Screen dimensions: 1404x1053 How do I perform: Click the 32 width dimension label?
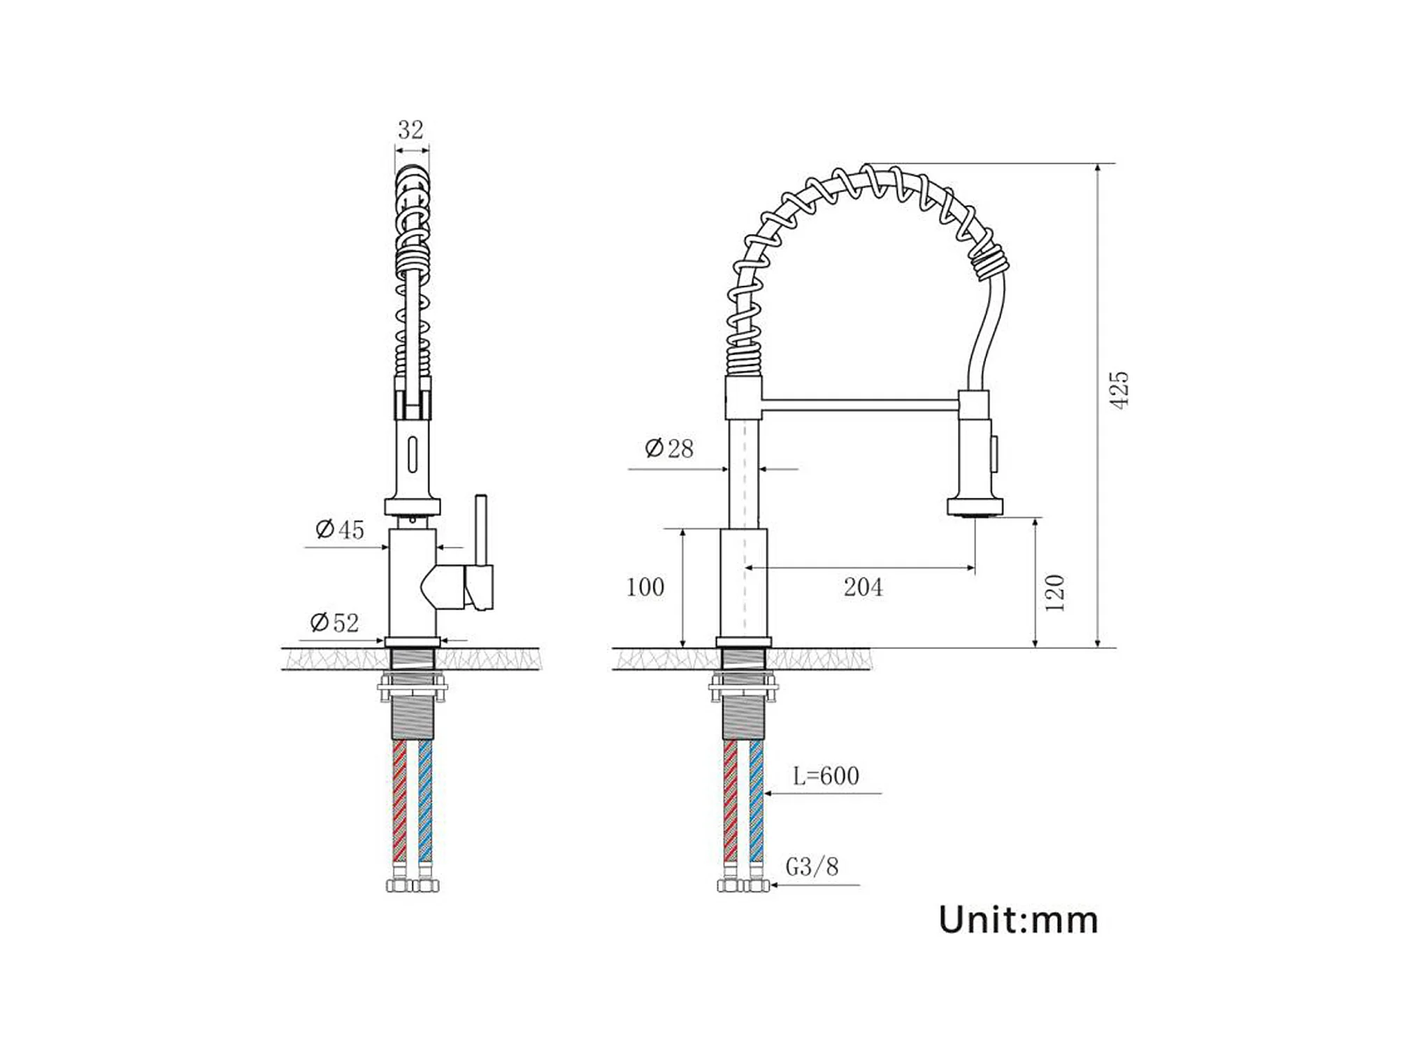click(x=410, y=129)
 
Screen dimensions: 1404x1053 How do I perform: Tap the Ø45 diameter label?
click(x=340, y=529)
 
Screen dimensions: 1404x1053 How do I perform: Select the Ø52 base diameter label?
click(x=334, y=622)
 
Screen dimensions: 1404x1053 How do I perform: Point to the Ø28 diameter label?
click(x=669, y=448)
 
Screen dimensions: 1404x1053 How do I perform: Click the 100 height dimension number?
click(x=645, y=587)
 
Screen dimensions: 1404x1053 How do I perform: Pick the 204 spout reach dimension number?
click(x=863, y=587)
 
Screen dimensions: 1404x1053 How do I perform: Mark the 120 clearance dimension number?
click(x=1055, y=593)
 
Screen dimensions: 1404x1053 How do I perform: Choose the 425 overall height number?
click(x=1119, y=390)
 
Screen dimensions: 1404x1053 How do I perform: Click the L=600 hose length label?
click(x=826, y=775)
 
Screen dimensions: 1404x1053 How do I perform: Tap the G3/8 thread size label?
click(x=812, y=867)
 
